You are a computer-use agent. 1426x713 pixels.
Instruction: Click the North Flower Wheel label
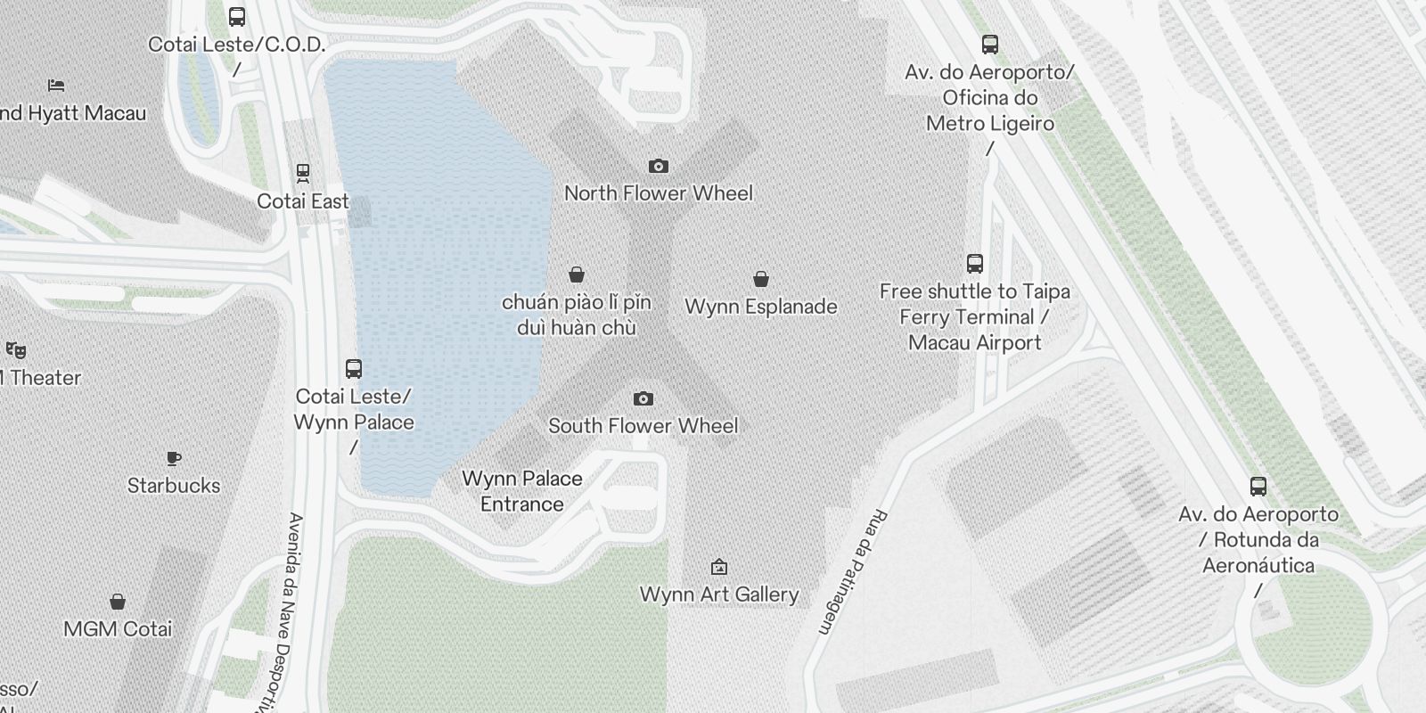(x=659, y=193)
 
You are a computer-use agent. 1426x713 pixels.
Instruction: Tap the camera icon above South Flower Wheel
(x=643, y=398)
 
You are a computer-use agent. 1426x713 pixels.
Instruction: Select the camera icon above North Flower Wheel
(x=659, y=166)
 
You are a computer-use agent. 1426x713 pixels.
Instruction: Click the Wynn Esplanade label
(x=761, y=307)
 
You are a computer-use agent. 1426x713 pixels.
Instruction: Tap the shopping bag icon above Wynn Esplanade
(x=761, y=279)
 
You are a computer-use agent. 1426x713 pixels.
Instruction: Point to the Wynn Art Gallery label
(x=719, y=594)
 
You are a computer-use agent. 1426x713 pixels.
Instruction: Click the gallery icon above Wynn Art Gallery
(x=719, y=567)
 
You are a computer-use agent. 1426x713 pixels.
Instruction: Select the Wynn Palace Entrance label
(x=522, y=491)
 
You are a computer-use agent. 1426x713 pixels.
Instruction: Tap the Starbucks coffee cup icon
(x=174, y=458)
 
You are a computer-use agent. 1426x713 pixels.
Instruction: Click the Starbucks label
(x=174, y=486)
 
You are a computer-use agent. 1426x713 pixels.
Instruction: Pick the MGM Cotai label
(x=118, y=629)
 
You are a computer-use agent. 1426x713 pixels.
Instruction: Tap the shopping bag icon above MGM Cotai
(x=118, y=602)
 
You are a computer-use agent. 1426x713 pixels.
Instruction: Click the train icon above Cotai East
(x=303, y=172)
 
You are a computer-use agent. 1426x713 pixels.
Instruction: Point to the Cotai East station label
(x=303, y=201)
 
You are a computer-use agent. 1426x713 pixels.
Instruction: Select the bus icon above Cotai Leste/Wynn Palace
(x=354, y=368)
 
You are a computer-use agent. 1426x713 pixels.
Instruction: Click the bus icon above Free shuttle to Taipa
(x=975, y=264)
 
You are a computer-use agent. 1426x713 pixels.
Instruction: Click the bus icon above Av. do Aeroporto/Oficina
(x=990, y=44)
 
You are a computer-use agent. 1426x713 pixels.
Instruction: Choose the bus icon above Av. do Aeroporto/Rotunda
(x=1258, y=487)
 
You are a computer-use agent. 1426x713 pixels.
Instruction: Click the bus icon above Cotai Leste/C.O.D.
(x=237, y=16)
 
